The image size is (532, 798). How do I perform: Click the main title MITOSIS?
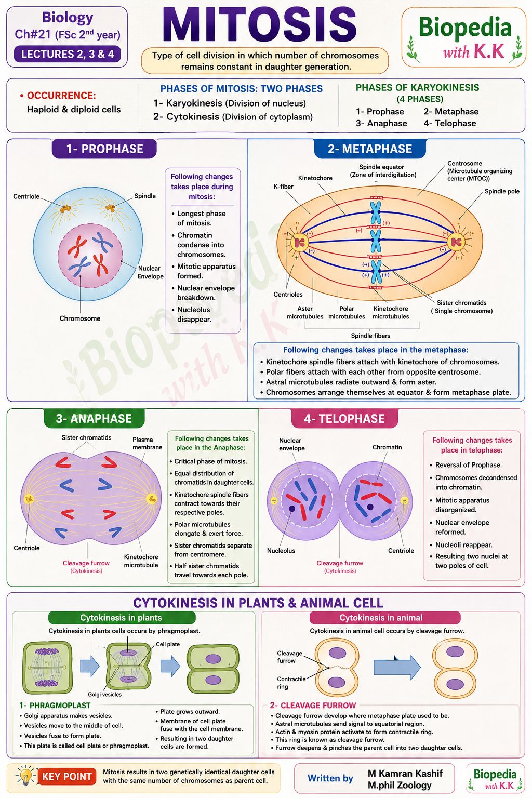pos(259,25)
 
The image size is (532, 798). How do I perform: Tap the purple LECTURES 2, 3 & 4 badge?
pos(68,54)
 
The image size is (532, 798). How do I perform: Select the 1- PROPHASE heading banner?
pos(104,149)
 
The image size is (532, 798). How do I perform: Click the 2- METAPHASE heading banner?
pos(370,149)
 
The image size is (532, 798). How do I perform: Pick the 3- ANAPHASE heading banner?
pos(94,418)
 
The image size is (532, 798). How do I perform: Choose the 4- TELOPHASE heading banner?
pos(344,418)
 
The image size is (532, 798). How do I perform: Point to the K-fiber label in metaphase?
pos(283,187)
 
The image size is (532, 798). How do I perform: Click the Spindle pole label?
pos(502,191)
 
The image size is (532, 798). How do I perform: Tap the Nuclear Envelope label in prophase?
pos(150,272)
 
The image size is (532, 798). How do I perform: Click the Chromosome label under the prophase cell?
pos(80,318)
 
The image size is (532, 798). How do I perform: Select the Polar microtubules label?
pos(347,312)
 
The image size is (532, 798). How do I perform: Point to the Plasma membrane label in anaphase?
pos(147,443)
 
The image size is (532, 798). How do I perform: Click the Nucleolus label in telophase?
pos(281,550)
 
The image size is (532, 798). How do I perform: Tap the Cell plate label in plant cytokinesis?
pos(168,644)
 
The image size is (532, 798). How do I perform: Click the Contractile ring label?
pos(291,683)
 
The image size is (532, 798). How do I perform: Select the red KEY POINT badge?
pos(66,776)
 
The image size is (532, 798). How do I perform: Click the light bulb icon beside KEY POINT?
pos(25,775)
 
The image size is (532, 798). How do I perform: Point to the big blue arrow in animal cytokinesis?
pos(397,667)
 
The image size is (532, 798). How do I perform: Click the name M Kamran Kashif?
pos(405,773)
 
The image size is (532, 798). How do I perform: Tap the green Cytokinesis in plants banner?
pos(122,617)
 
